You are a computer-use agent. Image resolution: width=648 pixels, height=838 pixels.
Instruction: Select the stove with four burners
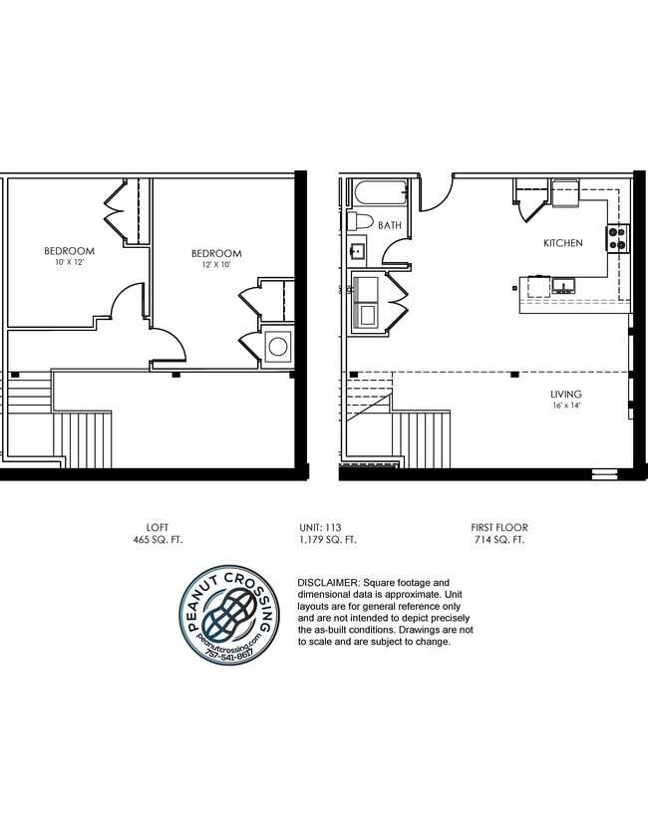(x=617, y=237)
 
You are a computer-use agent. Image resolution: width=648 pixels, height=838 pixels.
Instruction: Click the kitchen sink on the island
(x=563, y=287)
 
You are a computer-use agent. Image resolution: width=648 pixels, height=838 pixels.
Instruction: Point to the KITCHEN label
(x=562, y=243)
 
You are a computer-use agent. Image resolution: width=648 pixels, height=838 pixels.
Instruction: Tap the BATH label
(x=389, y=225)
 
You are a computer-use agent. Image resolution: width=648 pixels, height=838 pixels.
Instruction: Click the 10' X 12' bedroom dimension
(x=69, y=262)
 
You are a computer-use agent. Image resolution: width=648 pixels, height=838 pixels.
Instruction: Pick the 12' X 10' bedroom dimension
(x=216, y=265)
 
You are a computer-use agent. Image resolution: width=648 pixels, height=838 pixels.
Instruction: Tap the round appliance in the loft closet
(x=278, y=347)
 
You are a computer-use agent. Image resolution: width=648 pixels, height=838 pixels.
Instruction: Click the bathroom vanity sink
(x=358, y=252)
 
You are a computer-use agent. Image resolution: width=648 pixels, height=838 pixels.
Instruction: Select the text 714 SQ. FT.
(x=499, y=539)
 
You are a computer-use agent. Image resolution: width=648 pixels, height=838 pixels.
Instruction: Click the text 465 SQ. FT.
(x=158, y=539)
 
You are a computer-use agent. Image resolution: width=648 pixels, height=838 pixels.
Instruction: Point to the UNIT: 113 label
(x=327, y=527)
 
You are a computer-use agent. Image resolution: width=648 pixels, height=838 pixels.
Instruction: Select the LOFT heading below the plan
(x=158, y=527)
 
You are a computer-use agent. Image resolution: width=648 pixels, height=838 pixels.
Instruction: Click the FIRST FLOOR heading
(x=499, y=527)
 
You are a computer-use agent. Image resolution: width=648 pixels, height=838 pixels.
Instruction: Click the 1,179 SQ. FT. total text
(x=327, y=539)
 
